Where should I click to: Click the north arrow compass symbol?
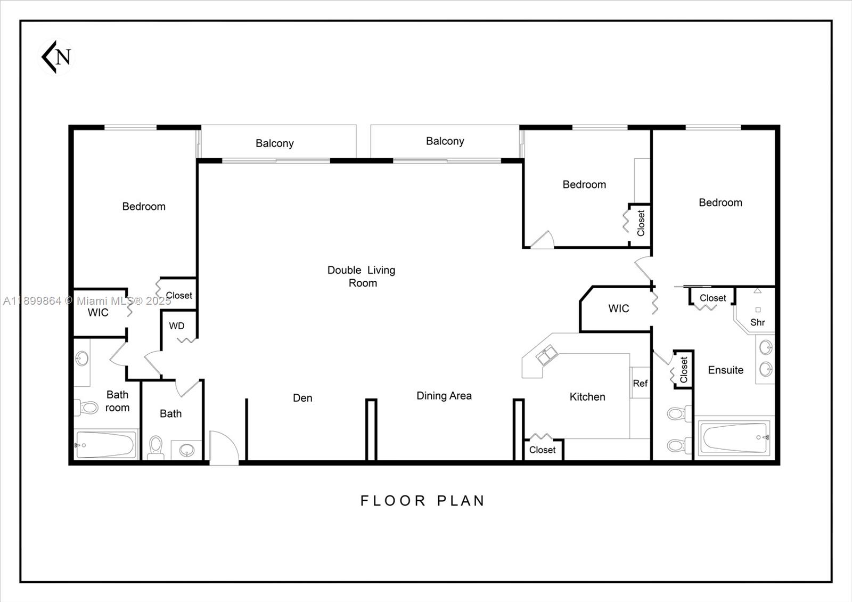[x=56, y=56]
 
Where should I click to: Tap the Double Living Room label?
[x=362, y=276]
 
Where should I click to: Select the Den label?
[x=302, y=398]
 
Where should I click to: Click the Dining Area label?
[x=444, y=396]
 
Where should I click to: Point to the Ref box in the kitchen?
[x=640, y=383]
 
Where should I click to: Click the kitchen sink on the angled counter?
[x=547, y=355]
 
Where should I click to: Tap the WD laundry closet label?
[x=177, y=326]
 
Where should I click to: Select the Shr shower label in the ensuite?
[x=757, y=322]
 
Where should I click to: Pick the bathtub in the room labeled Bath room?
[x=105, y=444]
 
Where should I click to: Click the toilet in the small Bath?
[x=156, y=446]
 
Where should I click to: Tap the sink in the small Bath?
[x=187, y=450]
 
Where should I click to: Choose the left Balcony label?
[x=274, y=143]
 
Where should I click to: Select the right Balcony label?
[x=445, y=141]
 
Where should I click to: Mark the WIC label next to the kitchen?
[x=618, y=308]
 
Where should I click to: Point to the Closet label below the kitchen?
[x=542, y=450]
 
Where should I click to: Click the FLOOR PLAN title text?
[x=423, y=501]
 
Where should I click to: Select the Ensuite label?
[x=725, y=370]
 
